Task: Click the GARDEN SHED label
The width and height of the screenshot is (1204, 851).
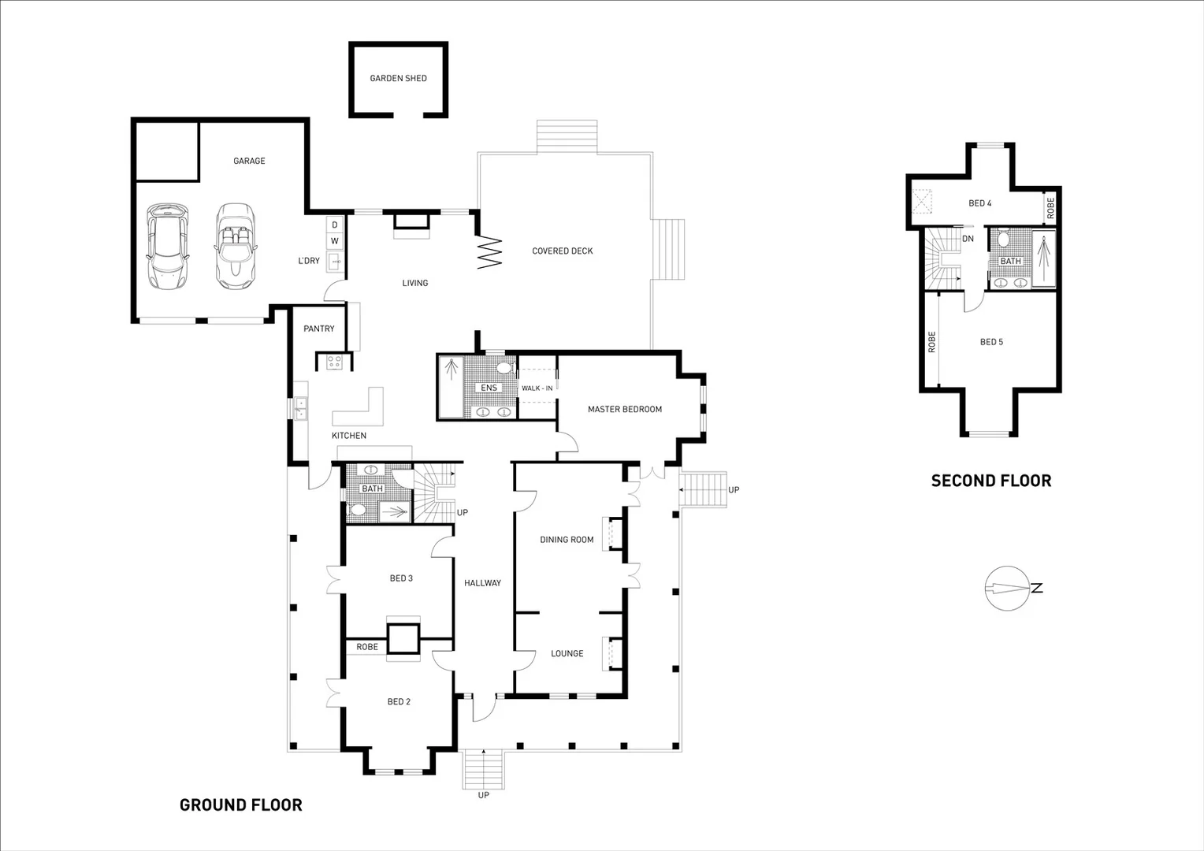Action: click(398, 79)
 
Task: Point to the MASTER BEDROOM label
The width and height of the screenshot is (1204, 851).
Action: click(624, 410)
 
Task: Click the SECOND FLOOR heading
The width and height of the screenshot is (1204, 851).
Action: click(990, 481)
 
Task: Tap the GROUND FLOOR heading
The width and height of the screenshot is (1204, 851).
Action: click(240, 805)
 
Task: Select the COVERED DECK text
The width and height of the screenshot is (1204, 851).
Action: click(562, 251)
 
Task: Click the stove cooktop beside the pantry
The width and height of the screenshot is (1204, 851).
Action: click(334, 362)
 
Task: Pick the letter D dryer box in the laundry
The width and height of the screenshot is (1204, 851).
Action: click(334, 225)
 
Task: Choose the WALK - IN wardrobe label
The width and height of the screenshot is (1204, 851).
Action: click(537, 388)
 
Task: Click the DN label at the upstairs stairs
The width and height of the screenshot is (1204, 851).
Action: click(968, 239)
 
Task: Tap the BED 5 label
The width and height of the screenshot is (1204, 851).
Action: click(991, 342)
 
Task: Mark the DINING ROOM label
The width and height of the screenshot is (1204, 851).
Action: click(567, 540)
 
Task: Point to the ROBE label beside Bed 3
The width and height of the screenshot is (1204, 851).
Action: click(367, 647)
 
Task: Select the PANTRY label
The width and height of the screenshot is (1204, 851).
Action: click(319, 329)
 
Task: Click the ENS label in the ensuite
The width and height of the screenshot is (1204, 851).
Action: click(489, 388)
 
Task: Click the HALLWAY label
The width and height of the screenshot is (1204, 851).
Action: click(482, 583)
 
